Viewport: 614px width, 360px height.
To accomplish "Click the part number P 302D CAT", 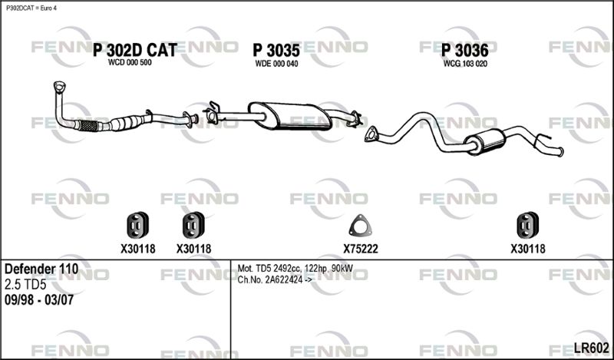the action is pyautogui.click(x=135, y=50).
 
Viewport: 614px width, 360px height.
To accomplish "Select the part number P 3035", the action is pyautogui.click(x=276, y=51).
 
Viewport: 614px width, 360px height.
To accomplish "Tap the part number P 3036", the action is pyautogui.click(x=465, y=51).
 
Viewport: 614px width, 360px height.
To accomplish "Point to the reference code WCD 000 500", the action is pyautogui.click(x=130, y=63).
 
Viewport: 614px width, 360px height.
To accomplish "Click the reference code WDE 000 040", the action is pyautogui.click(x=276, y=64).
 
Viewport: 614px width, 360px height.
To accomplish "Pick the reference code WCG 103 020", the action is pyautogui.click(x=465, y=64).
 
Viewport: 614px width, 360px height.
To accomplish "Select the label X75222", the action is pyautogui.click(x=361, y=249).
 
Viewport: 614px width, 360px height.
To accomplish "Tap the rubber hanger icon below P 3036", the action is pyautogui.click(x=528, y=225).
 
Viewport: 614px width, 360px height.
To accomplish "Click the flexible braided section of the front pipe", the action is pyautogui.click(x=88, y=126).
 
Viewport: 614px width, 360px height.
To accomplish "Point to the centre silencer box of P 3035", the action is pyautogui.click(x=291, y=116).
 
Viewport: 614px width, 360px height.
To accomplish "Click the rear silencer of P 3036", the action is pyautogui.click(x=485, y=142).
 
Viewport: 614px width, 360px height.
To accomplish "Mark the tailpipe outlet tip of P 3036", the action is pyautogui.click(x=561, y=152).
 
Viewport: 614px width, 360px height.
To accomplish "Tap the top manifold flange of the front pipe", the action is pyautogui.click(x=60, y=87).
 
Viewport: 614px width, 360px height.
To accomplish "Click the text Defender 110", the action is pyautogui.click(x=41, y=269).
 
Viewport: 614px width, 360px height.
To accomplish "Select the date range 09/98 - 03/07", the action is pyautogui.click(x=39, y=300).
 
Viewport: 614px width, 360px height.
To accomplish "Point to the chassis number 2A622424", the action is pyautogui.click(x=284, y=280).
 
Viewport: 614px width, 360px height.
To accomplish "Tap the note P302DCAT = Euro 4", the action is pyautogui.click(x=31, y=8).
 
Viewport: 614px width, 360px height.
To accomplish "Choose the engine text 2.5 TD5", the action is pyautogui.click(x=25, y=285).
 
